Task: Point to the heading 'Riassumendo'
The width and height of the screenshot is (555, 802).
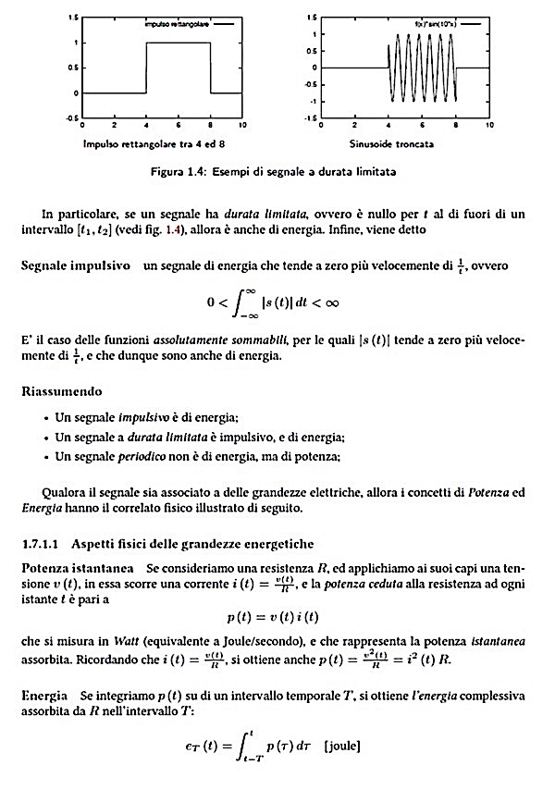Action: [x=62, y=391]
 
